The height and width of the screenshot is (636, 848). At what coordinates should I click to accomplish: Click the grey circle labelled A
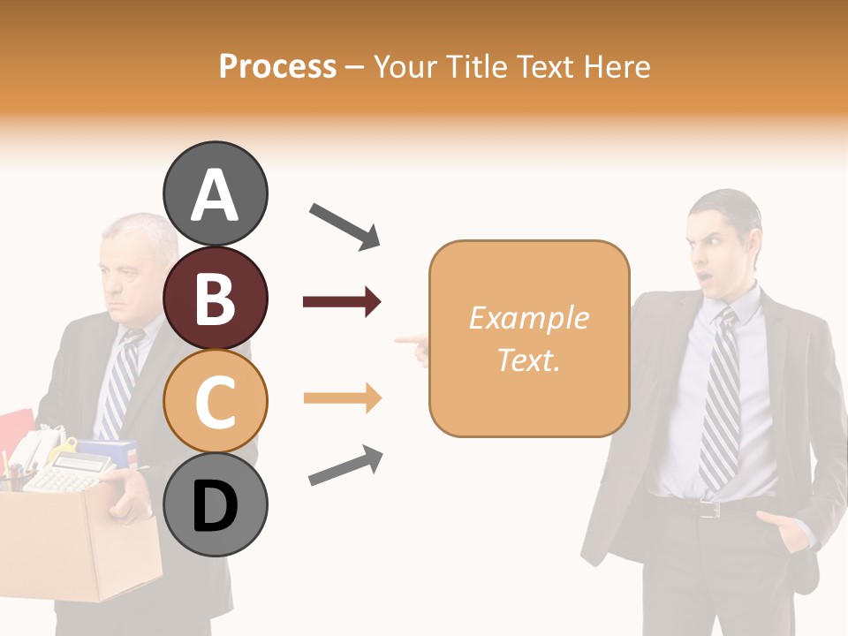pyautogui.click(x=215, y=193)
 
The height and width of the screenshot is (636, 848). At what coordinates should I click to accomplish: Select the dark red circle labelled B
pyautogui.click(x=215, y=298)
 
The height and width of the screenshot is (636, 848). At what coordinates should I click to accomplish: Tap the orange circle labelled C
pyautogui.click(x=215, y=402)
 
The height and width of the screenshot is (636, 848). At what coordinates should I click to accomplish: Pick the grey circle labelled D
pyautogui.click(x=215, y=505)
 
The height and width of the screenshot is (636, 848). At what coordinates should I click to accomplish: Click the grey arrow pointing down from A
pyautogui.click(x=344, y=226)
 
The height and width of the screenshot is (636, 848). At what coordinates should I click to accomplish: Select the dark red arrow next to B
pyautogui.click(x=342, y=302)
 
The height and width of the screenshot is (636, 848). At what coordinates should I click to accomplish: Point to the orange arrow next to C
pyautogui.click(x=342, y=398)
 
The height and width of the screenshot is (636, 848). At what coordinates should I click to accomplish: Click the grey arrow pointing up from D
pyautogui.click(x=345, y=466)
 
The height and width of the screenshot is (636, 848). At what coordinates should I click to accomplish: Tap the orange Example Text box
pyautogui.click(x=529, y=338)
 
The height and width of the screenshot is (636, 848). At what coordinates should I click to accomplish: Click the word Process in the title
pyautogui.click(x=277, y=66)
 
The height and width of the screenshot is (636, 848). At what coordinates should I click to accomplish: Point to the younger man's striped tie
pyautogui.click(x=720, y=397)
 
